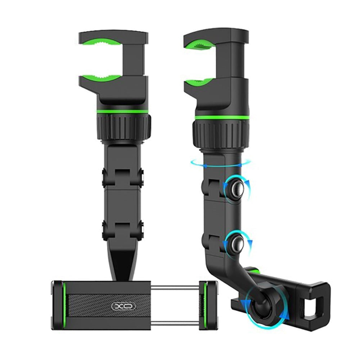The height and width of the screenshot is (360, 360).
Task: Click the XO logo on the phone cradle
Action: [x=123, y=306]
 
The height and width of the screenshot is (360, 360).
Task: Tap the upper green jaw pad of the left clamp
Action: [x=101, y=42]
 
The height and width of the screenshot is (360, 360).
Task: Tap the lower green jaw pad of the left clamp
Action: [x=101, y=78]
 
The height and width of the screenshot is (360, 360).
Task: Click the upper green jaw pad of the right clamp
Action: [x=200, y=44]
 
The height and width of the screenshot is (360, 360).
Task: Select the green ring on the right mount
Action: [x=221, y=118]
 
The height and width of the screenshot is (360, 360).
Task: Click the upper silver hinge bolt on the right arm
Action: [x=237, y=189]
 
